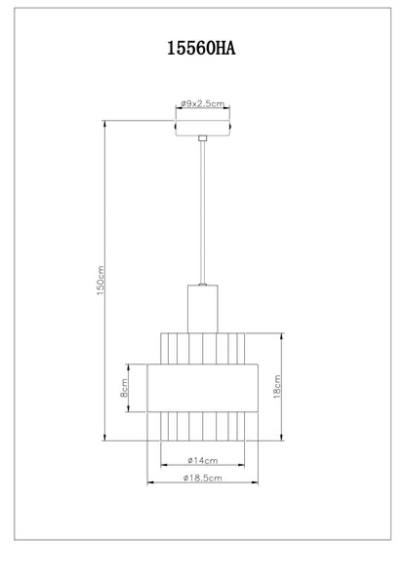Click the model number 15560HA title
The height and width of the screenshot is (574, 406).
(x=201, y=49)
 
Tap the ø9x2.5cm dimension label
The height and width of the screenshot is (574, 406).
(x=202, y=103)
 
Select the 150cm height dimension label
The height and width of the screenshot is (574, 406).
(x=101, y=281)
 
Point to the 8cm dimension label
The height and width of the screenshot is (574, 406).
(x=124, y=388)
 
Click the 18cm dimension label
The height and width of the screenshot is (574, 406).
(x=277, y=387)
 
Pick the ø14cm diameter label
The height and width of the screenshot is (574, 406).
(x=202, y=460)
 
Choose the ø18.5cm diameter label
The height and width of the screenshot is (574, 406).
(x=202, y=478)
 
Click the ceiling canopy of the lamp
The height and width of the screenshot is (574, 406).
(x=202, y=128)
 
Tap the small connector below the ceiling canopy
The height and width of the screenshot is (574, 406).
(x=202, y=138)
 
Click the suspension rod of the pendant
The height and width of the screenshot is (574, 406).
(x=202, y=212)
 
